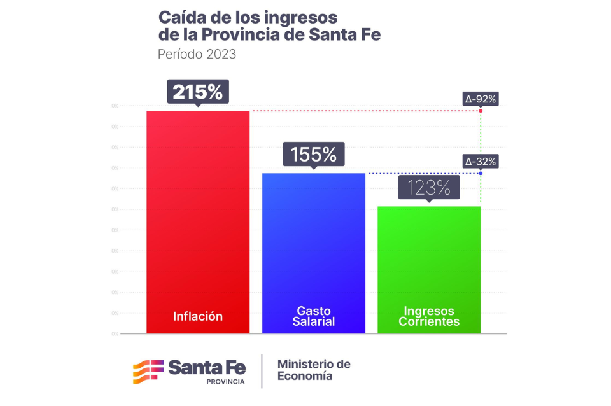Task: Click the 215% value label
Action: click(x=198, y=92)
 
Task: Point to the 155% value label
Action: click(x=313, y=154)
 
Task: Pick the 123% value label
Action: click(x=429, y=188)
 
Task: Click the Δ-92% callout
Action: click(x=481, y=99)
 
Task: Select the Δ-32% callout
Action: click(x=481, y=161)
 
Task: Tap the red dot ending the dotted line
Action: click(x=481, y=111)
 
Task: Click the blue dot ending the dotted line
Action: click(x=481, y=173)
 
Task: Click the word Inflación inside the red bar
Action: click(x=198, y=316)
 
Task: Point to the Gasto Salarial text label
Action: click(x=314, y=316)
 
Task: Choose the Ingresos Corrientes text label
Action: click(x=429, y=316)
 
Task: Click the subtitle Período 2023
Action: click(x=197, y=54)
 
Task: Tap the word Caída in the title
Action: click(x=181, y=17)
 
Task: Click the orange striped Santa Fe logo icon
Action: click(x=148, y=371)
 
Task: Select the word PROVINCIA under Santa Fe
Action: click(x=225, y=382)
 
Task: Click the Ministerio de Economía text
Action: click(x=314, y=370)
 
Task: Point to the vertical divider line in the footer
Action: click(x=262, y=371)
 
